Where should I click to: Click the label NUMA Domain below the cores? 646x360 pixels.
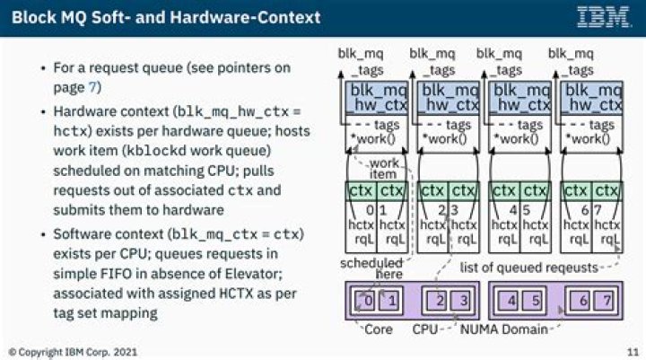502,329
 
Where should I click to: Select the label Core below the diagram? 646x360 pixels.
378,329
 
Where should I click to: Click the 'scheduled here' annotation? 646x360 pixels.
370,268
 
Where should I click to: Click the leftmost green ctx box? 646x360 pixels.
360,191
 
